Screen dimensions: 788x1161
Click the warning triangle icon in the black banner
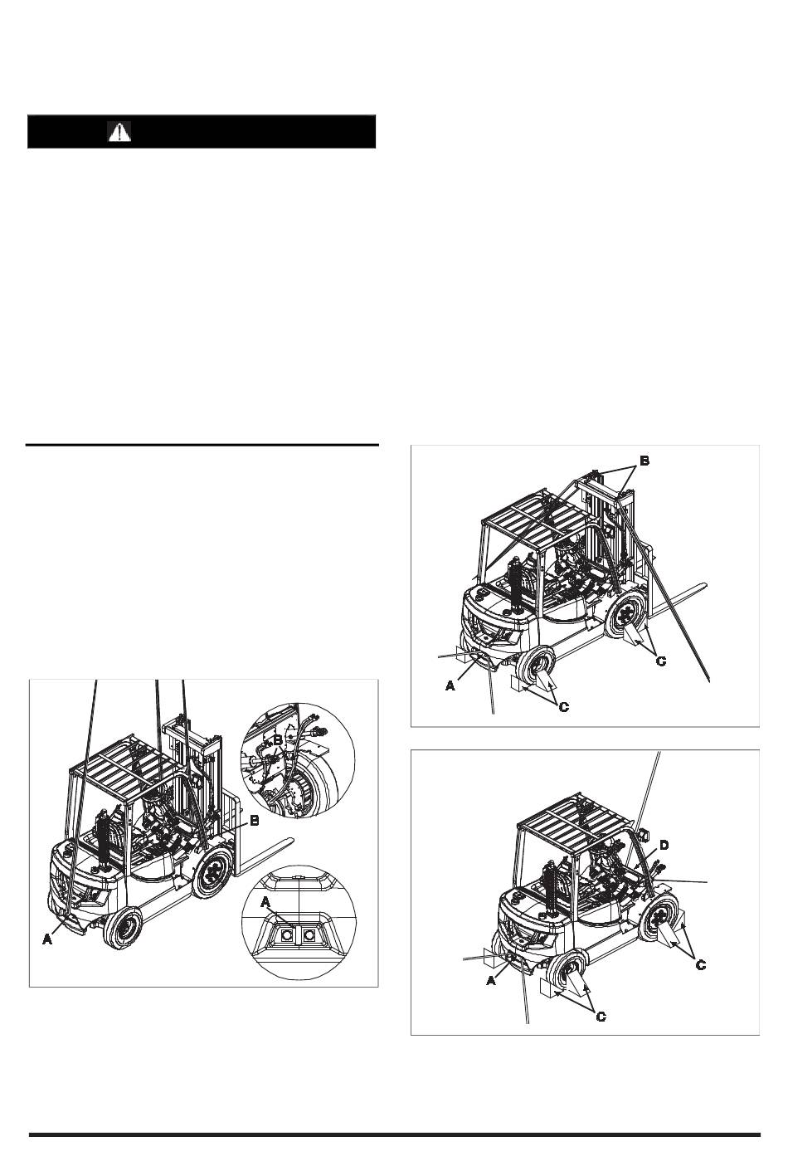[119, 132]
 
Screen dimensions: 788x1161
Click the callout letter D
[664, 846]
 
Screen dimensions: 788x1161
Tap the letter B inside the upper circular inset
[278, 740]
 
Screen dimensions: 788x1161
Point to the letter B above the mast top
[645, 461]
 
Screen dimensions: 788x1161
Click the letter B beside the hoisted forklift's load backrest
[254, 821]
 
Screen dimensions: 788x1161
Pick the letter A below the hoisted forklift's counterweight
[47, 939]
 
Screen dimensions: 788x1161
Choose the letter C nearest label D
[700, 964]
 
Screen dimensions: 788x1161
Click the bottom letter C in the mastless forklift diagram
[601, 1017]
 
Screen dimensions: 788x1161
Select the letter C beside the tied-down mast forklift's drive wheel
[661, 661]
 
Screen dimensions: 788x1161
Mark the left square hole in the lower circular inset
[284, 934]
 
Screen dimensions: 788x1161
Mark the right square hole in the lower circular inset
[309, 934]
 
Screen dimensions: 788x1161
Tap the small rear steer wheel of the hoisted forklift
[123, 928]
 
